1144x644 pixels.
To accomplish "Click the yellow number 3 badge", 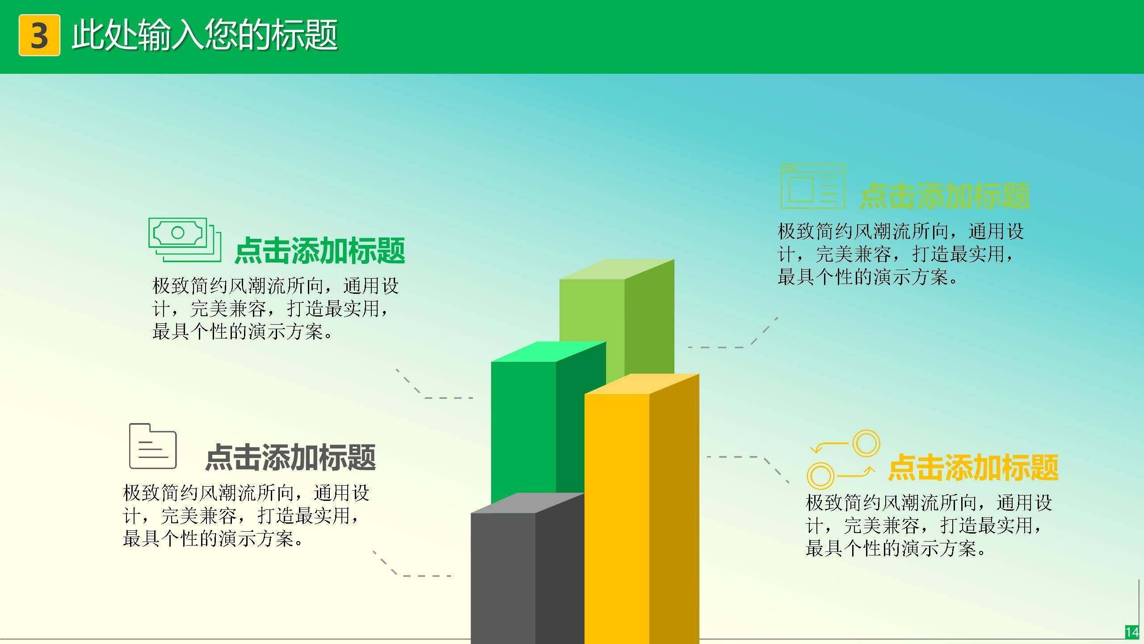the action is (39, 35).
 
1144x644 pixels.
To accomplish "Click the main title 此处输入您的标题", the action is (204, 34).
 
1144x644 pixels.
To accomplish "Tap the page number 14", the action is (1132, 632).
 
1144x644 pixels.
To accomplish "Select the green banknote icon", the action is (185, 240).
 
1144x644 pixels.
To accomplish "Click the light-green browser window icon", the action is (813, 186).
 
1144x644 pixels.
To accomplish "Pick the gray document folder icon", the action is (153, 446).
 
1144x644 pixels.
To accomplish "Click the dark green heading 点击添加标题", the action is (320, 251).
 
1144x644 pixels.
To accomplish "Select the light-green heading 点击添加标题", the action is (945, 196).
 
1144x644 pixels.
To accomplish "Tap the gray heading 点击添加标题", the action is (290, 457).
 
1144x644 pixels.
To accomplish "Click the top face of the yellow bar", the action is (642, 384).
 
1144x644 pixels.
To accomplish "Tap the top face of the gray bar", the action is (527, 503).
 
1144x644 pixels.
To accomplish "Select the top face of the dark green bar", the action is (548, 352).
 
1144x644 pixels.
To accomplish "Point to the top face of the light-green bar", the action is (617, 269).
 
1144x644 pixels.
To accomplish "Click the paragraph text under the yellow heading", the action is (929, 525).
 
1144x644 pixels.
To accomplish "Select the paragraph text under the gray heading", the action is (246, 516).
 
